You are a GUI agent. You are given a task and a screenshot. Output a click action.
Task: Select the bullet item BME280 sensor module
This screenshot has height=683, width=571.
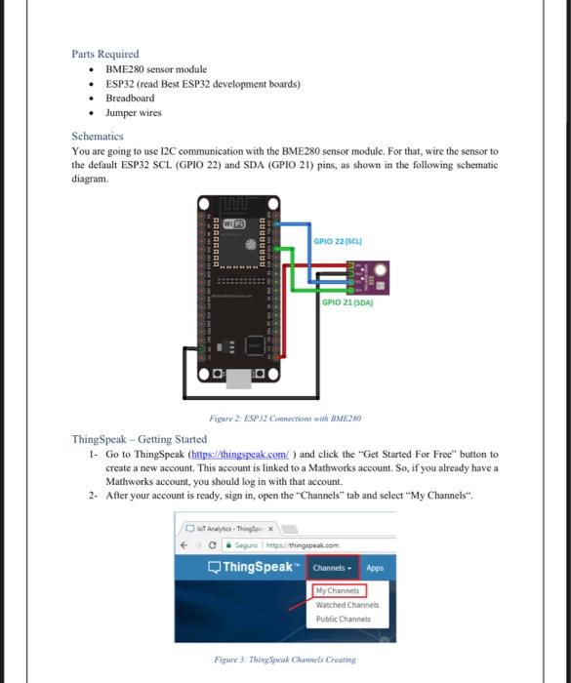coord(155,70)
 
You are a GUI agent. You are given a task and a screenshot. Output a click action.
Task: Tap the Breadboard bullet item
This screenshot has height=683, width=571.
coord(130,98)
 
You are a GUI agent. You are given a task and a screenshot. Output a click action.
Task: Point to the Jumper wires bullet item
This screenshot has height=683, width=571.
coord(134,112)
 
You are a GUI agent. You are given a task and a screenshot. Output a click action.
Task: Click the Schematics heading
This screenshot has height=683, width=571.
coord(98,137)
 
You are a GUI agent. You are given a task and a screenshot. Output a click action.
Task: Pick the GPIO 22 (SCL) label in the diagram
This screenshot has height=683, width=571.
coord(341,240)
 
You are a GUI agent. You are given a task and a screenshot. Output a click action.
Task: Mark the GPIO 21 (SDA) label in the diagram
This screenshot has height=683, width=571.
coord(347,303)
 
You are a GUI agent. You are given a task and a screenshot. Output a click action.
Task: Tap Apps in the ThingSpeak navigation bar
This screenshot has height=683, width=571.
coord(375,567)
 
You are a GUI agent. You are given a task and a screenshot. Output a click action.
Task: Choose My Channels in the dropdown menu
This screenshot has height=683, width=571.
coord(338,590)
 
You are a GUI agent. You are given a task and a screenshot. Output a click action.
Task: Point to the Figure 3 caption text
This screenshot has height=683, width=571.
coord(284,660)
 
